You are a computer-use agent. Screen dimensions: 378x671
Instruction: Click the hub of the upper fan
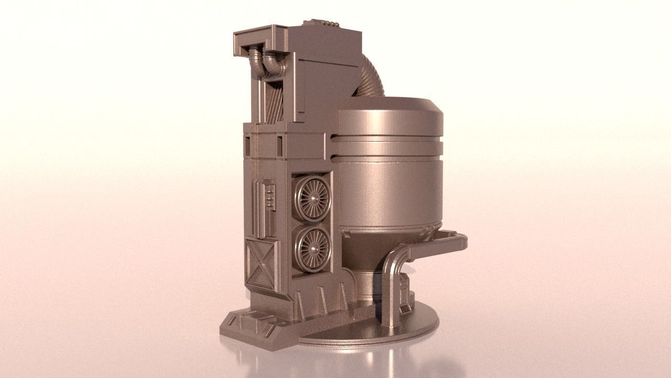coord(313,198)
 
